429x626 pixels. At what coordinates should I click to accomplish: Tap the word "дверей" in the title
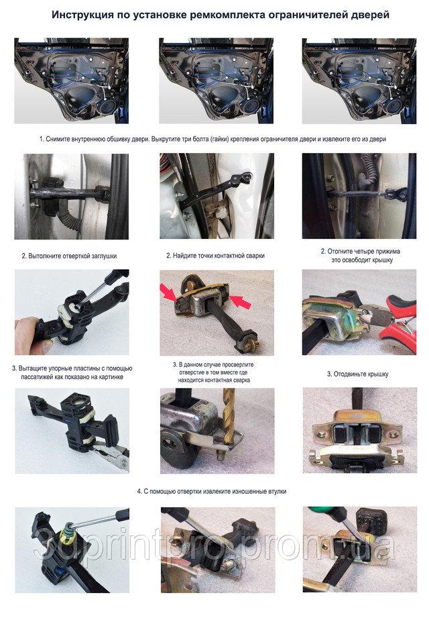click(371, 15)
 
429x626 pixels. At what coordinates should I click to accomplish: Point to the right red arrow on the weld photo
click(241, 301)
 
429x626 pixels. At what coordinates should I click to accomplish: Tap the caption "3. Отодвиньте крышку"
click(358, 374)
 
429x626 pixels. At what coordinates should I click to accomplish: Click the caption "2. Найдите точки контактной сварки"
click(216, 256)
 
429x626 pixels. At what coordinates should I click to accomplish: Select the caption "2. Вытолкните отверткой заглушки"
click(69, 256)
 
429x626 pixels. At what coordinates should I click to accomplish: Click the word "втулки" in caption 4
click(276, 491)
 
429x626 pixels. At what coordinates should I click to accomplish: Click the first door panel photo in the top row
click(71, 81)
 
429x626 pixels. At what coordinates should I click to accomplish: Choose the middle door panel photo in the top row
click(216, 81)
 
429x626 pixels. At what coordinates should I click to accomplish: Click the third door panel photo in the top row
click(359, 81)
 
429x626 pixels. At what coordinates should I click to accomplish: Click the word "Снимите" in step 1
click(58, 140)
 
